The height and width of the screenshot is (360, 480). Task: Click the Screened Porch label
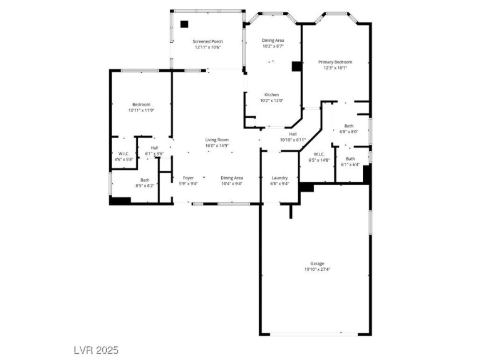point(207,41)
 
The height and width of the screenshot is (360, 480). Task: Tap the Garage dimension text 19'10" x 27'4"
point(317,269)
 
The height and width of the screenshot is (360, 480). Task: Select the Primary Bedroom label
point(335,62)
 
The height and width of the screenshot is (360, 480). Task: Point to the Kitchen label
point(271,95)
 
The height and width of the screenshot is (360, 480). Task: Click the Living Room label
point(217,140)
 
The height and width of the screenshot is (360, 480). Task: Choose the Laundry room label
point(280,178)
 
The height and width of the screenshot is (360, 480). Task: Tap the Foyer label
point(188,178)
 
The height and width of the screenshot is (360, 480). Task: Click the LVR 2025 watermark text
point(96,350)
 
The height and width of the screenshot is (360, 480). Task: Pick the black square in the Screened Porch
point(184,24)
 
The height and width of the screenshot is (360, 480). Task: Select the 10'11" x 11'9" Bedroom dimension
point(141,110)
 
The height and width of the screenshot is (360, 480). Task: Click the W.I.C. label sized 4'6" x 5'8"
point(124,154)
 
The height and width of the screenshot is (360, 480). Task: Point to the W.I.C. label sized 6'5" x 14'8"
point(319,154)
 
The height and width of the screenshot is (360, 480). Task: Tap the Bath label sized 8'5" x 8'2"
point(145,180)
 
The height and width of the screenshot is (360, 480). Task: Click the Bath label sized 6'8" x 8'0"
point(349,126)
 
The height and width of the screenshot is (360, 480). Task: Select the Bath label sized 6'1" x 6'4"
point(350,159)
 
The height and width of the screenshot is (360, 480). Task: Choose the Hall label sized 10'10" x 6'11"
point(293,134)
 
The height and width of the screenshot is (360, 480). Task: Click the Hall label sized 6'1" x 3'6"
point(155,148)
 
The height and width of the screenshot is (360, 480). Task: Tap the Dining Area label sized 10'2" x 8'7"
point(273,40)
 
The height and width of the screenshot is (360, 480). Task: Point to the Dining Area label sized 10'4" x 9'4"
point(232,178)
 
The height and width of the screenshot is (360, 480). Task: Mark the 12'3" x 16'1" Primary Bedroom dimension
point(335,68)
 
